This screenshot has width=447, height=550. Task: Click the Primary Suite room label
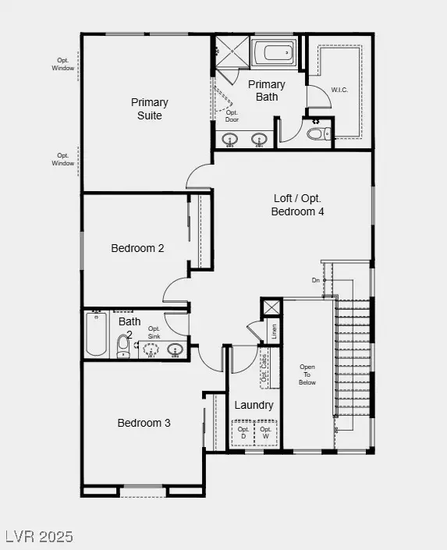(x=149, y=108)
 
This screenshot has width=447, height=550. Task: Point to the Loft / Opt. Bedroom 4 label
(x=297, y=204)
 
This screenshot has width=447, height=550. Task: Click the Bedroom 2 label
(x=137, y=248)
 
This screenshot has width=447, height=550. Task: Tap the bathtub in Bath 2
(x=96, y=337)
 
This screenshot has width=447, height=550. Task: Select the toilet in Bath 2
(x=123, y=346)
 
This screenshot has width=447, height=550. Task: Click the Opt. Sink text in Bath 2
(x=154, y=332)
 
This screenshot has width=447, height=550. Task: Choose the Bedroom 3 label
(x=144, y=423)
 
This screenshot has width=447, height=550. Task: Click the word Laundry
(x=254, y=405)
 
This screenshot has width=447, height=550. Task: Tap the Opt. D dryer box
(x=243, y=433)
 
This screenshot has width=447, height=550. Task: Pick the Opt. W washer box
(x=265, y=433)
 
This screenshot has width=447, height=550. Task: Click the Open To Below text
(x=308, y=374)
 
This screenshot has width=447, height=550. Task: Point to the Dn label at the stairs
(x=316, y=279)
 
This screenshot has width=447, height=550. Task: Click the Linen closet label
(x=273, y=332)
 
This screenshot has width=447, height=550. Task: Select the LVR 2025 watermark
(x=39, y=537)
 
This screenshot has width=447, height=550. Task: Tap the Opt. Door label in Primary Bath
(x=232, y=116)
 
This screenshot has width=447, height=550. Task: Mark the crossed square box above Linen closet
(x=271, y=307)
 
